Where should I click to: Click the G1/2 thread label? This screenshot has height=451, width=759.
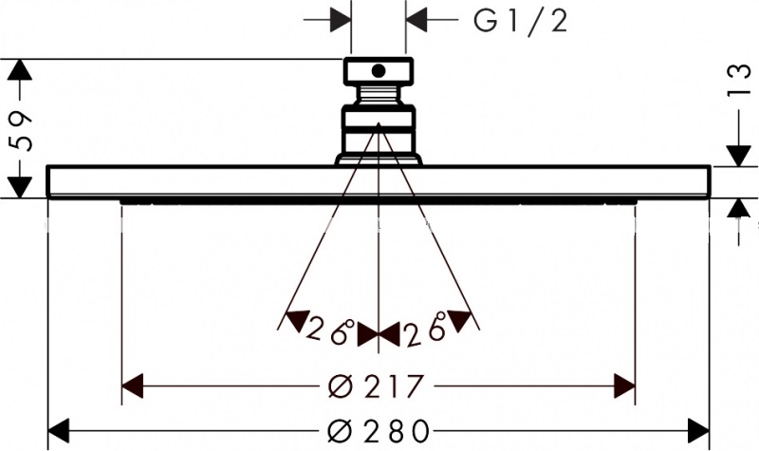pyautogui.click(x=521, y=20)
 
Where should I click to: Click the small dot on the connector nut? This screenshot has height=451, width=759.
pyautogui.click(x=378, y=69)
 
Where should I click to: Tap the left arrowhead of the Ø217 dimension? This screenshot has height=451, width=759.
pyautogui.click(x=134, y=386)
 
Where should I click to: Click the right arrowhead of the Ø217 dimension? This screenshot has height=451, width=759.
pyautogui.click(x=624, y=386)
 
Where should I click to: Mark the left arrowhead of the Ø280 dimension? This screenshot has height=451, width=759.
pyautogui.click(x=60, y=430)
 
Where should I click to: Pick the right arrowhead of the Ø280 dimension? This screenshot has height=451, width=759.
pyautogui.click(x=698, y=430)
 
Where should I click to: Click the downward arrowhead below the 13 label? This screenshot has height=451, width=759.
pyautogui.click(x=737, y=155)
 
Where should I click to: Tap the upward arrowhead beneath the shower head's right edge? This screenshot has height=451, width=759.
pyautogui.click(x=737, y=210)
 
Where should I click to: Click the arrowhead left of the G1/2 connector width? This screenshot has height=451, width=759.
pyautogui.click(x=341, y=20)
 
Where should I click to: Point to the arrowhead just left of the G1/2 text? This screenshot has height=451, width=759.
pyautogui.click(x=417, y=20)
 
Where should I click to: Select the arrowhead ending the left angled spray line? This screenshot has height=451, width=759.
pyautogui.click(x=296, y=320)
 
